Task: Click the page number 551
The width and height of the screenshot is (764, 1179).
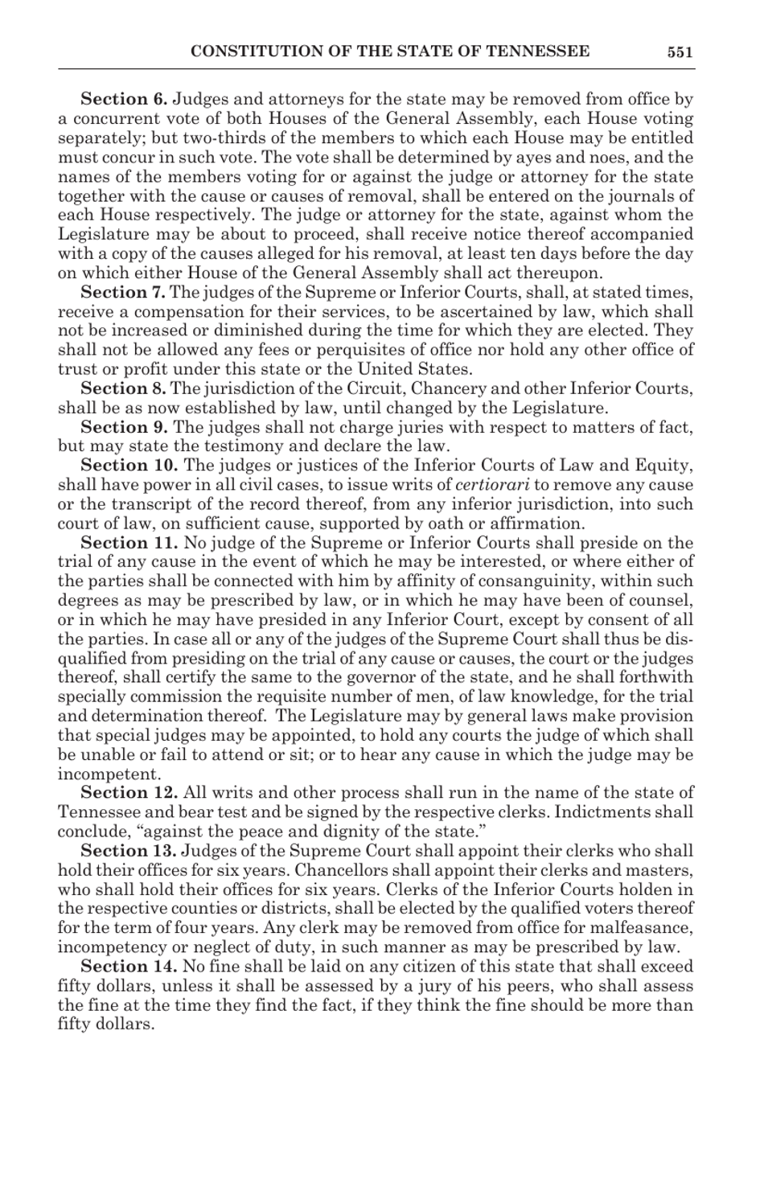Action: tap(680, 52)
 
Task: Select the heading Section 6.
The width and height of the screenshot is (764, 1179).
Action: tap(124, 100)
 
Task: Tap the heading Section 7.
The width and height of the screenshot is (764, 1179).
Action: tap(123, 293)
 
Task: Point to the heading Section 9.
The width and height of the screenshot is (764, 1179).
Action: tap(124, 427)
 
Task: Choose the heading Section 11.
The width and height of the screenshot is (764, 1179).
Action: tap(129, 543)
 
